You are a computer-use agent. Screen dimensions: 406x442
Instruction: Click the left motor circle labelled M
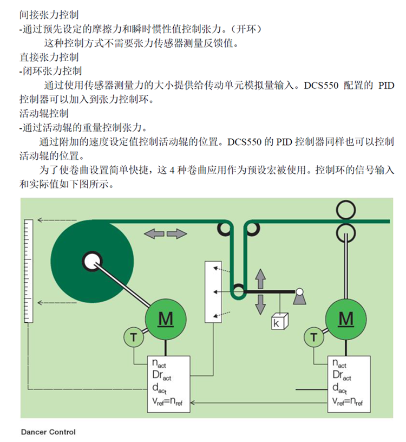point(166,320)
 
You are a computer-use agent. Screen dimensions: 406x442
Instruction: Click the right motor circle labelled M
point(346,320)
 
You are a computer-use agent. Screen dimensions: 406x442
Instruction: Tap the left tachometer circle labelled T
point(134,337)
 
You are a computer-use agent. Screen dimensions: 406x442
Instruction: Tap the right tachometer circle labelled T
point(314,337)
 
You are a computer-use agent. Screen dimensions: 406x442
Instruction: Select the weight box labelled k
point(279,321)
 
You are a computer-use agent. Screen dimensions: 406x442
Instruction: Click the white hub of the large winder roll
point(92,261)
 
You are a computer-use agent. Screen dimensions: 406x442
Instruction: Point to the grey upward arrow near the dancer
point(260,279)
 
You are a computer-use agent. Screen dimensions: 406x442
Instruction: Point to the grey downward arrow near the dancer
point(260,304)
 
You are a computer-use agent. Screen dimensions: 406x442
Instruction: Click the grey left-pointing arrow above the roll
point(154,233)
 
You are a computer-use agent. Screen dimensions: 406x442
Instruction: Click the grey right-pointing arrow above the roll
point(177,233)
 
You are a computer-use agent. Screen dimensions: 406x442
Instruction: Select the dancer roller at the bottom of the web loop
point(238,291)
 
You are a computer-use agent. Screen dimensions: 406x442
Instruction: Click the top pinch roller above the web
point(346,210)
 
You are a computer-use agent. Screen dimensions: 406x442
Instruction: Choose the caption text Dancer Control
point(49,432)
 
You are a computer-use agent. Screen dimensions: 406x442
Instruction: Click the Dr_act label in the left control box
point(162,375)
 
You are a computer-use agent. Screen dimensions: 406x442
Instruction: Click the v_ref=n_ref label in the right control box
point(348,401)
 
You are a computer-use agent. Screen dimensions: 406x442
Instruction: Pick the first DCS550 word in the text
point(321,86)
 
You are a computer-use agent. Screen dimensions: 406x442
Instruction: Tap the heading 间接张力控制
point(49,15)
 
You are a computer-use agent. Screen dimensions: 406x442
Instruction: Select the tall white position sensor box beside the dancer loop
point(213,292)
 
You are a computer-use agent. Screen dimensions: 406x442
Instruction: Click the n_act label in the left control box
point(159,363)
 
